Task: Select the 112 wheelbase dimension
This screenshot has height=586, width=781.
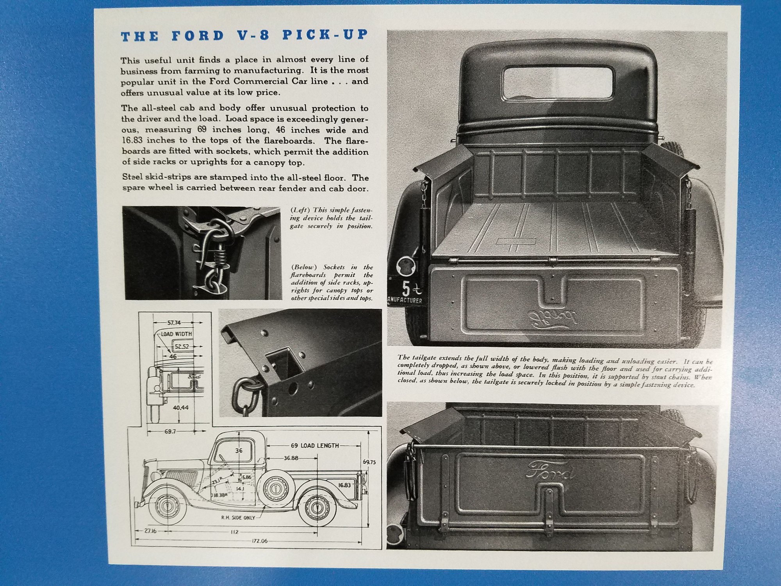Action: coord(234,531)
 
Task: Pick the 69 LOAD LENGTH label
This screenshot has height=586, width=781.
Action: coord(314,445)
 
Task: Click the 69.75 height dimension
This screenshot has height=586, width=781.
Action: coord(369,462)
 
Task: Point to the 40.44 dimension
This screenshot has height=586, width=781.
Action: coord(180,407)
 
